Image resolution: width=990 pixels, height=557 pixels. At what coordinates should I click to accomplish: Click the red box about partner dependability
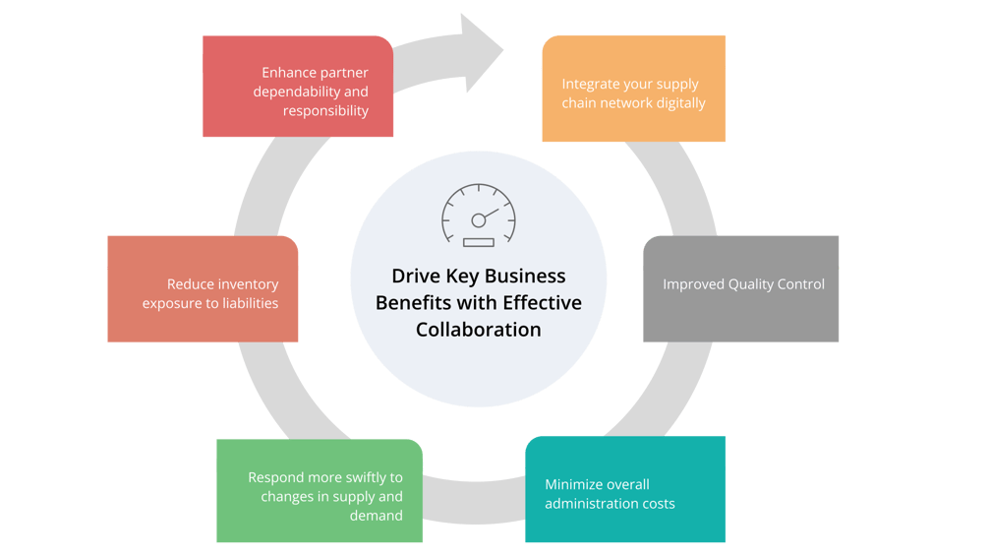pos(298,87)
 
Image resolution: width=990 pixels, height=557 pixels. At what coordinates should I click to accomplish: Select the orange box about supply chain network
pos(634,89)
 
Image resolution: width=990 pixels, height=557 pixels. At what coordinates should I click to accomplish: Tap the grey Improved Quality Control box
pos(741,288)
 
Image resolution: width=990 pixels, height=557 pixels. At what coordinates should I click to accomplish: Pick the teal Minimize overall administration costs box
pos(625,489)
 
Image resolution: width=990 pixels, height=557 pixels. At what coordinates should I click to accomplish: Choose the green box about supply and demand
pos(320,491)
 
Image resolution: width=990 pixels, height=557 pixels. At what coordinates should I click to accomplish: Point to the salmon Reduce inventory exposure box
pos(203,288)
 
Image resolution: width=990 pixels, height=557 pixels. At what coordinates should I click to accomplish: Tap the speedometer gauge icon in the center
pos(478,215)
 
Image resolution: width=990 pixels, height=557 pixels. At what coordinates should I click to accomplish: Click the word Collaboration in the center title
pos(478,330)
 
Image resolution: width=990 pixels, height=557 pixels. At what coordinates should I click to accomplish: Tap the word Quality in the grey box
pos(753,284)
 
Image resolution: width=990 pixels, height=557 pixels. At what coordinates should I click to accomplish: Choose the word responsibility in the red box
pos(325,111)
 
